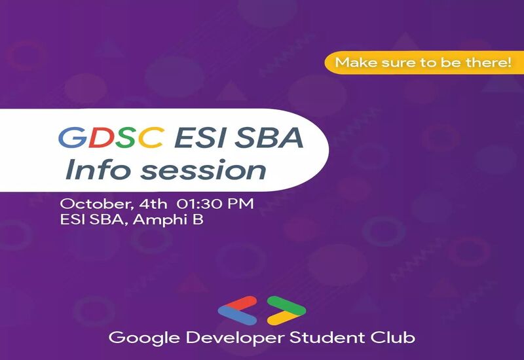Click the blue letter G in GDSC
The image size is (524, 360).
(x=73, y=137)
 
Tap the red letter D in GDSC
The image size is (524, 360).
(x=102, y=137)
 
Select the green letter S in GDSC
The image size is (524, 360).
(x=126, y=137)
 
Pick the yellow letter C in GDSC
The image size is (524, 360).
(x=151, y=137)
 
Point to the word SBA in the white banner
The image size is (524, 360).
(x=269, y=137)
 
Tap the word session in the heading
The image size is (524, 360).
(x=203, y=171)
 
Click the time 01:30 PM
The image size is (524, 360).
(x=215, y=204)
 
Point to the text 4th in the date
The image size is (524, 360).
(x=153, y=204)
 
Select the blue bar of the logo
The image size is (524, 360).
(x=237, y=316)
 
